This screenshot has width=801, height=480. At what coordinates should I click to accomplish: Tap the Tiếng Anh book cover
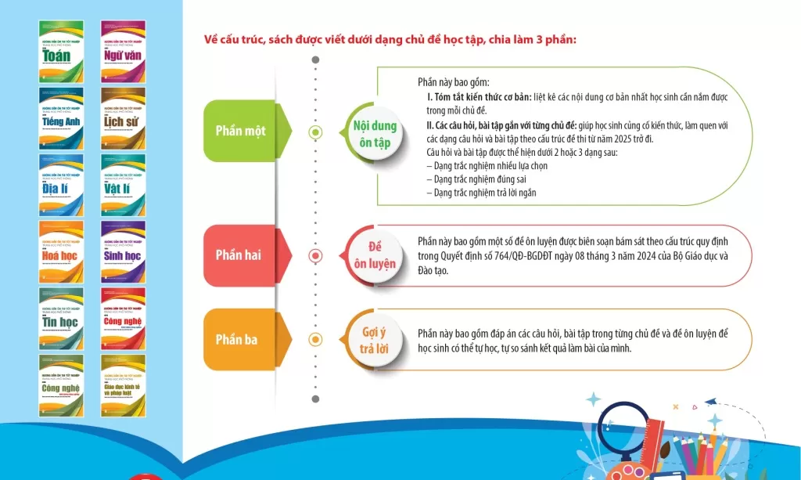(x=61, y=118)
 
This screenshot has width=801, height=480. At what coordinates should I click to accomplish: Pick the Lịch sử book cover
(x=123, y=118)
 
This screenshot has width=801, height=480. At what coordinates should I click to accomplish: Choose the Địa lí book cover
(x=61, y=185)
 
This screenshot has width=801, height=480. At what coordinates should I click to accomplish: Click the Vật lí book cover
(x=123, y=185)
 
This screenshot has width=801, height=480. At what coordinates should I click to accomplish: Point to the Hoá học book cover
(x=61, y=251)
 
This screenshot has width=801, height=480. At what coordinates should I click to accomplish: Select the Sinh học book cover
(x=123, y=251)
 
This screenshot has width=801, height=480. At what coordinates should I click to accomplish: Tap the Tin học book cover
(x=61, y=318)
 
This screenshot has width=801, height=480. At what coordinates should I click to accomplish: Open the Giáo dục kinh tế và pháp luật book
(x=123, y=385)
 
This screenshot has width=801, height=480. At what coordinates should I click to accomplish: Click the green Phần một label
(x=240, y=131)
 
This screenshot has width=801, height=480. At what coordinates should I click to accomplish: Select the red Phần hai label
(x=239, y=255)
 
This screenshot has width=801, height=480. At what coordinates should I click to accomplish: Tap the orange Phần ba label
(x=237, y=339)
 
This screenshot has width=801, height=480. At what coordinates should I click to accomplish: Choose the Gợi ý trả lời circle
(x=374, y=339)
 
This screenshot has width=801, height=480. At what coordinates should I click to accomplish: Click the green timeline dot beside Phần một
(x=315, y=132)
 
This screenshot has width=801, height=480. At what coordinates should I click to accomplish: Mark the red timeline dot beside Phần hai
(x=315, y=255)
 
